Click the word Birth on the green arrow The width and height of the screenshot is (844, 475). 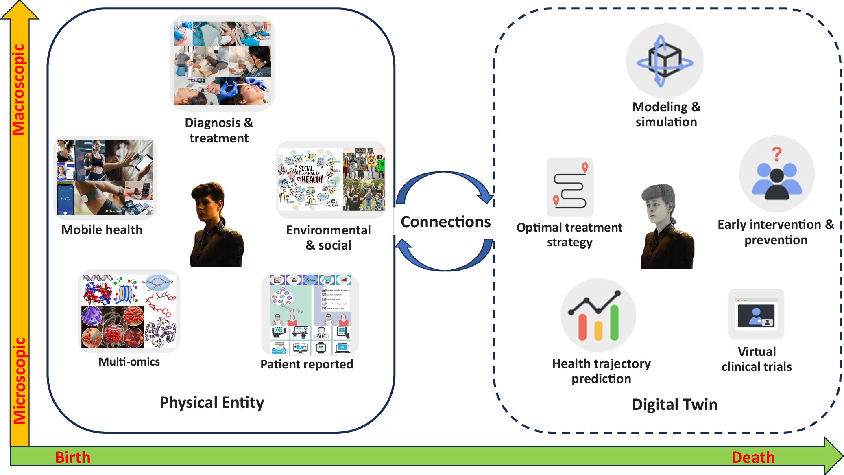pos(72,457)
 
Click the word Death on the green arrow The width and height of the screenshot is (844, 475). pos(753,457)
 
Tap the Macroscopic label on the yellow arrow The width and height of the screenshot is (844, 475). pos(19,90)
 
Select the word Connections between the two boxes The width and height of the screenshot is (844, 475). pos(445,222)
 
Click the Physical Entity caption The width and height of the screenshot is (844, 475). pos(212,403)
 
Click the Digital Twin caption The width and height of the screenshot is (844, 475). pos(674,405)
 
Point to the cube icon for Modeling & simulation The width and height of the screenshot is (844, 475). pos(665,61)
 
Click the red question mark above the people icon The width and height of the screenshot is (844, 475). pos(776,154)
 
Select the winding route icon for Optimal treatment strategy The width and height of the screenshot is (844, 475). pos(570,187)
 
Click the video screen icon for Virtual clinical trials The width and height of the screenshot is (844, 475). pos(756,315)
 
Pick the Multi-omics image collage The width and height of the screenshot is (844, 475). pos(129,311)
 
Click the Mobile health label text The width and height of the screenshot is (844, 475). pos(102,230)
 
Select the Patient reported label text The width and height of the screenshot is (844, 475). pos(306,364)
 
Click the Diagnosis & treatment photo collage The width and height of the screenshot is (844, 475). pos(222,63)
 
